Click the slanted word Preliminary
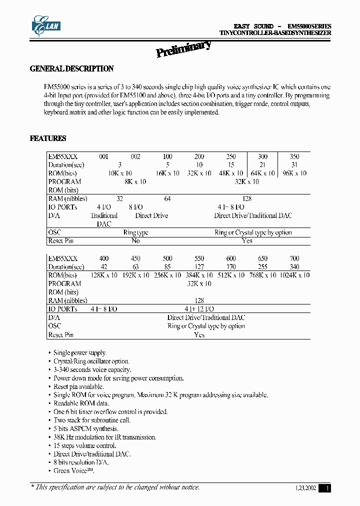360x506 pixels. click(183, 49)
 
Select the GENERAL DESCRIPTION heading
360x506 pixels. click(72, 69)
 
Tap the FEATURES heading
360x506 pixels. click(48, 138)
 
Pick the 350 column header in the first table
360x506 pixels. click(294, 156)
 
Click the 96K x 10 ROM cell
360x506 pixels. click(294, 173)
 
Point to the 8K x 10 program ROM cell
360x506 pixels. click(135, 181)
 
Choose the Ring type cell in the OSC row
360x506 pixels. click(135, 232)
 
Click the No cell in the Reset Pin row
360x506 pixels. click(135, 240)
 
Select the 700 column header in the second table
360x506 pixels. click(294, 258)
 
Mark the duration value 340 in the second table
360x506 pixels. click(294, 267)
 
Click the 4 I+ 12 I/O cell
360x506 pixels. click(199, 309)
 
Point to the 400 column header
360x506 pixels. click(103, 258)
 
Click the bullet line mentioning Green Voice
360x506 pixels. click(73, 471)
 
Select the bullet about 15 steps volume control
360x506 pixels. click(85, 445)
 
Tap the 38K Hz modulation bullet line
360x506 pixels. click(105, 437)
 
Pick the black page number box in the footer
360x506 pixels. click(325, 488)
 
